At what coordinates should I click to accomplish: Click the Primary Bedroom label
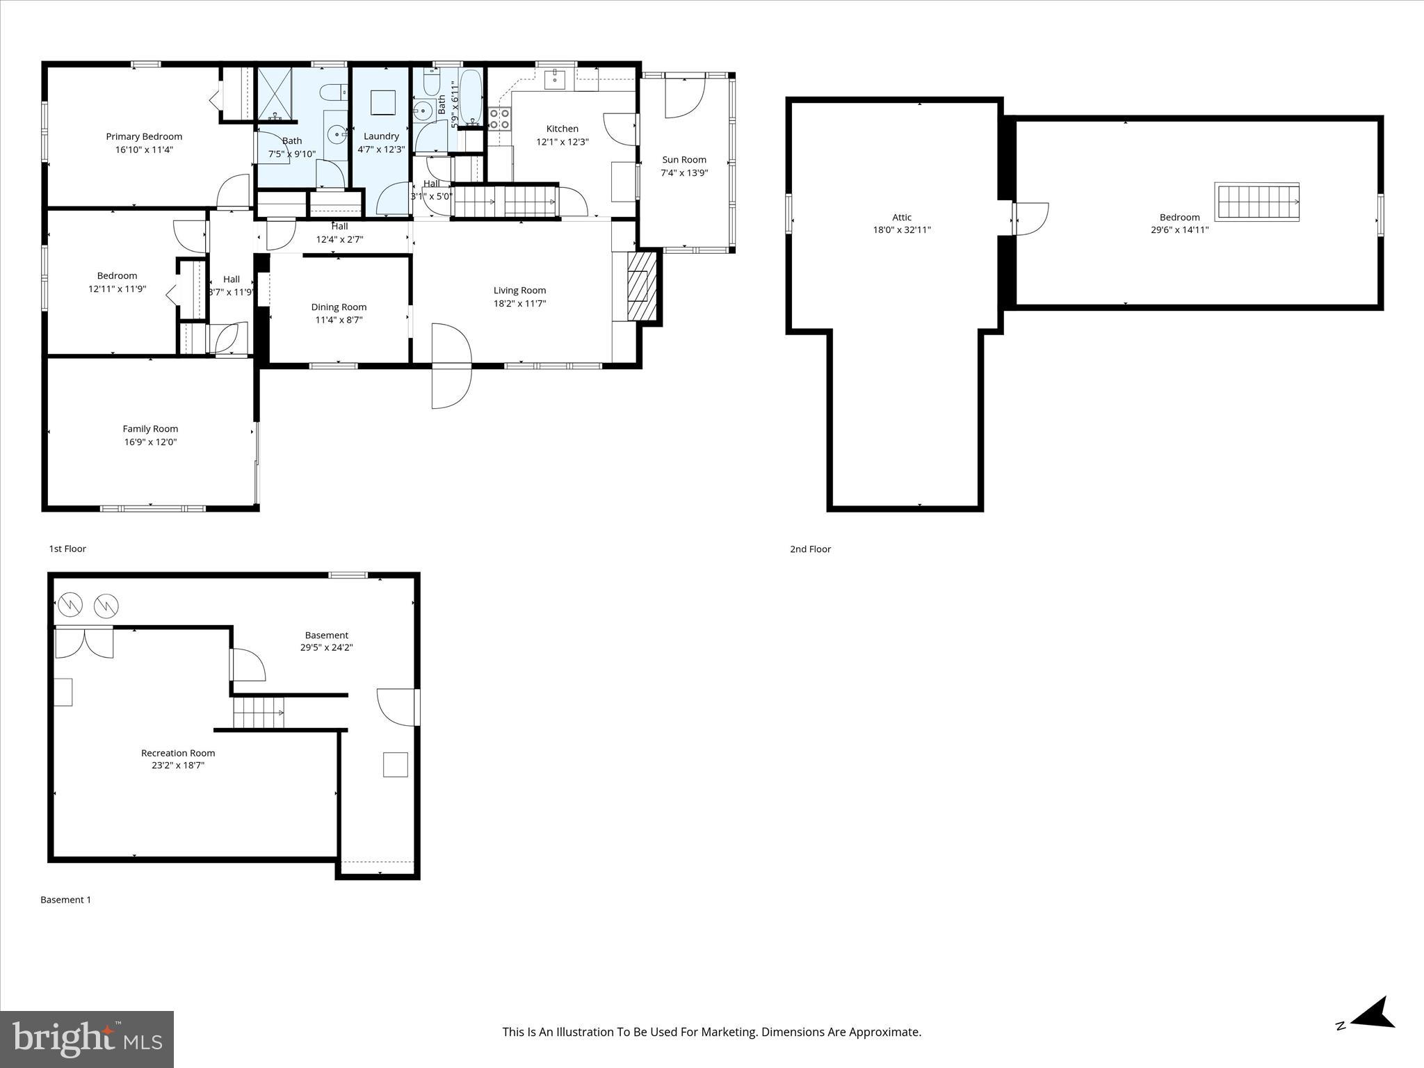point(144,136)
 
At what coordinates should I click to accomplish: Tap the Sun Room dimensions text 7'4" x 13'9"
point(684,173)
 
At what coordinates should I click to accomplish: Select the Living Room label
point(519,291)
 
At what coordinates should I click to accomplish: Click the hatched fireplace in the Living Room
point(642,286)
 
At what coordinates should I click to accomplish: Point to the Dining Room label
point(339,307)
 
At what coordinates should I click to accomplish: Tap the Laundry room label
point(381,136)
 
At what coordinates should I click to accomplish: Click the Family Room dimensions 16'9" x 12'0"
point(151,442)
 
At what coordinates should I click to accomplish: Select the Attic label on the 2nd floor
point(902,217)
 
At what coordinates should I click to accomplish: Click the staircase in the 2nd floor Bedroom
point(1257,202)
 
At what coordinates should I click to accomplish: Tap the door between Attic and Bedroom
point(1030,218)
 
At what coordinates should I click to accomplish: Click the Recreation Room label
point(178,753)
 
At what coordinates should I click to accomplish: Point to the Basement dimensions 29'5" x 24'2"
point(326,648)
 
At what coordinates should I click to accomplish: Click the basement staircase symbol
point(258,713)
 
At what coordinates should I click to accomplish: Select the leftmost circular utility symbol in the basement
point(70,606)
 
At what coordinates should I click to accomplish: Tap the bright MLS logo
point(87,1039)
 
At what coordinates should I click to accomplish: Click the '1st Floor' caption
point(67,549)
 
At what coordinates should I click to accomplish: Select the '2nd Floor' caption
point(810,549)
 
